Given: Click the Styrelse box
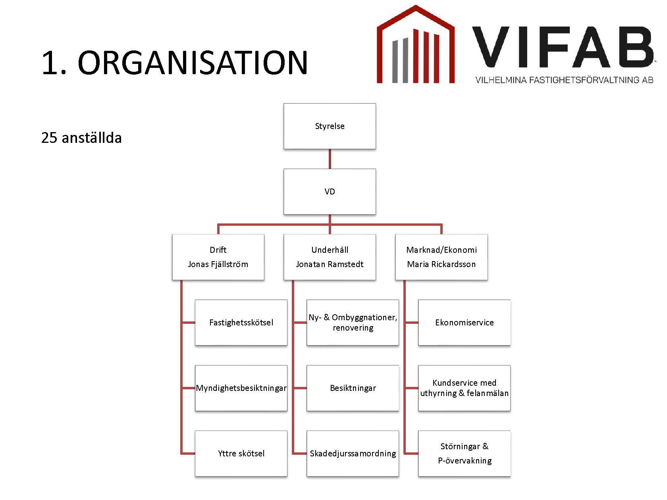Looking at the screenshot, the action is point(330,126).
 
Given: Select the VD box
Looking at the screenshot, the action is point(330,192).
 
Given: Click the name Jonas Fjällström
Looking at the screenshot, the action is point(218,264).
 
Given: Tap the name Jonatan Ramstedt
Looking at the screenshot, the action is point(330,264).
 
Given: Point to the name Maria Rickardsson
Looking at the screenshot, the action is point(441,264).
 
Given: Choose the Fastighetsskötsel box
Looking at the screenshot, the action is point(241,322).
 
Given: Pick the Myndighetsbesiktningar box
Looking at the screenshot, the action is point(241,388).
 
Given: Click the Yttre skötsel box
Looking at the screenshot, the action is point(241,454).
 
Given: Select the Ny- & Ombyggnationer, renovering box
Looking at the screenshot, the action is point(353,322).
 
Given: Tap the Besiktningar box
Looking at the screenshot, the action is point(353,388).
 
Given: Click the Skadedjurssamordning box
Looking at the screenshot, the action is point(353,454).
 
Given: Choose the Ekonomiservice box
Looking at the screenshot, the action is point(464,322).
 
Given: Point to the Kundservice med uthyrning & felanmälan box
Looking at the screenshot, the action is point(464,388).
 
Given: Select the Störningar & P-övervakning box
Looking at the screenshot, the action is point(464,454).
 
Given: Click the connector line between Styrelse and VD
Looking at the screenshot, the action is point(330,159).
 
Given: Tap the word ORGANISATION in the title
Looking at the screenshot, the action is point(193,63).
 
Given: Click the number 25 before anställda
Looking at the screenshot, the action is point(49,138).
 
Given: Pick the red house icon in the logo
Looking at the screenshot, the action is point(415,44).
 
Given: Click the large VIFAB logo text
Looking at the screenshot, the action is point(563,47).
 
